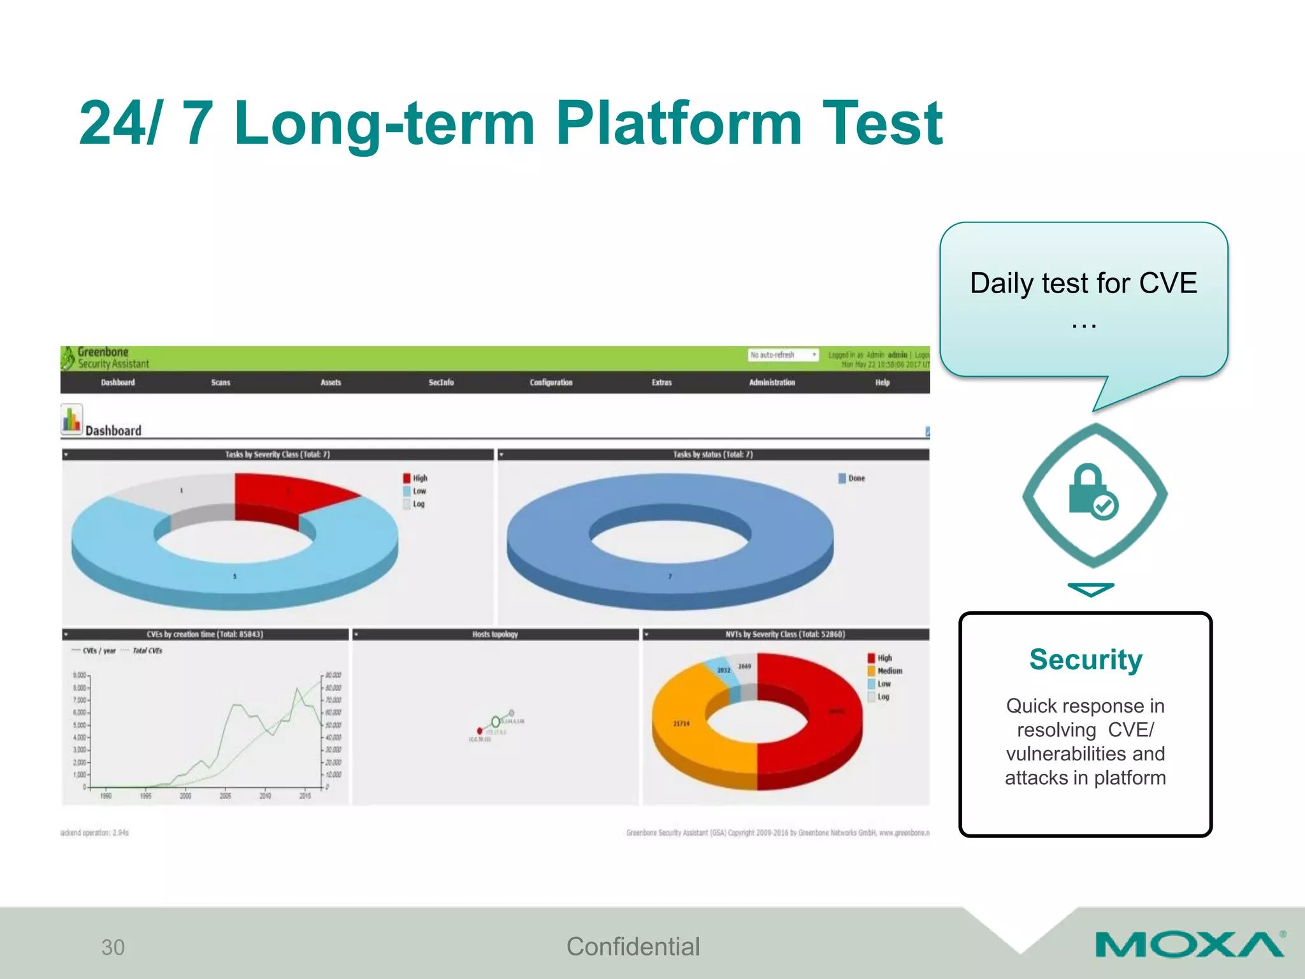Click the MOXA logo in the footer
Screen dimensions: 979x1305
[1189, 945]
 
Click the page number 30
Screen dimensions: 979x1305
[113, 947]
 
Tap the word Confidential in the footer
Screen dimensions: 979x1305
[633, 946]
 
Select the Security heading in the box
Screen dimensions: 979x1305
[1086, 659]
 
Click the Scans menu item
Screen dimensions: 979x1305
[220, 382]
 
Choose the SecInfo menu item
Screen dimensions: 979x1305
[441, 382]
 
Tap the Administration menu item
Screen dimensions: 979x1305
[772, 382]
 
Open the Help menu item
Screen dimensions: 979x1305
[882, 382]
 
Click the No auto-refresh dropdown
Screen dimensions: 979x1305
[782, 355]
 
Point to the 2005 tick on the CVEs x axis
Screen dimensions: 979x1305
[225, 795]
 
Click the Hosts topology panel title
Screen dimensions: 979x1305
[495, 634]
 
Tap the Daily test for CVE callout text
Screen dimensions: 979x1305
[1083, 284]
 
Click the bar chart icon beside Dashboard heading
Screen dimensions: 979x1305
[71, 419]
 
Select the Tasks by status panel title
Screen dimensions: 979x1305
[712, 454]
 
